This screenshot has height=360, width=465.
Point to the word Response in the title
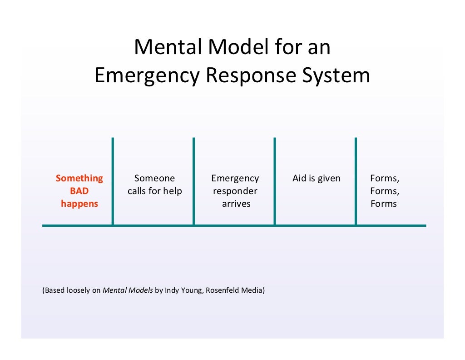(x=256, y=75)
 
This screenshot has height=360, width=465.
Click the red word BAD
(x=79, y=191)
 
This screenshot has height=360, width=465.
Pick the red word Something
(x=79, y=178)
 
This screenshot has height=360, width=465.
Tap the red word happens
(x=79, y=204)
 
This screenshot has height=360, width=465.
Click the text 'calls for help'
(x=154, y=191)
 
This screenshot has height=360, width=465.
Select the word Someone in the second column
(x=154, y=178)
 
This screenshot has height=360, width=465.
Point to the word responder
(x=235, y=191)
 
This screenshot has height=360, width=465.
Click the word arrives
(x=236, y=204)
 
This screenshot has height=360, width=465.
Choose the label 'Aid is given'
(x=316, y=178)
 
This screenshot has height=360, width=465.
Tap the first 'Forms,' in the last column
(x=385, y=178)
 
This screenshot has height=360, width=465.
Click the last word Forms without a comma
(x=383, y=204)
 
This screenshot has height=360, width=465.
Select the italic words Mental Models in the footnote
(x=128, y=290)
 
